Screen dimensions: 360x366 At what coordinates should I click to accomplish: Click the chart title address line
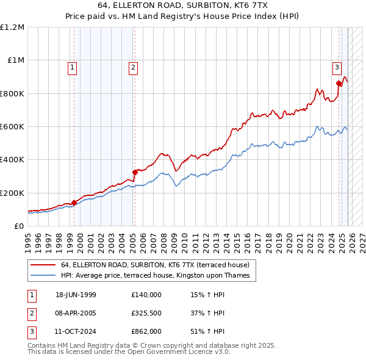tap(182, 5)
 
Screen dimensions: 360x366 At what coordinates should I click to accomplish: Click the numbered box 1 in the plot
tap(73, 68)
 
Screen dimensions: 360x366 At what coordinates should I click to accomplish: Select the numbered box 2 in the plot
tap(133, 68)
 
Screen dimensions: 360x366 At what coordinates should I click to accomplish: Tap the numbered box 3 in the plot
tap(337, 68)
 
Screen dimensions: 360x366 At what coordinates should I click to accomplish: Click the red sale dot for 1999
tap(74, 203)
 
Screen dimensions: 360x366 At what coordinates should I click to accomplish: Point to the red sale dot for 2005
tap(135, 172)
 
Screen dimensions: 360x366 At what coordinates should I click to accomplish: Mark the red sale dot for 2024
tap(339, 84)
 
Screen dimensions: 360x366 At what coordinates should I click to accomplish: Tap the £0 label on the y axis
tap(18, 226)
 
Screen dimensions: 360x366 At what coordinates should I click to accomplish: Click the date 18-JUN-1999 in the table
tap(76, 295)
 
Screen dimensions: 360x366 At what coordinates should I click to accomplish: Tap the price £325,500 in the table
tap(146, 314)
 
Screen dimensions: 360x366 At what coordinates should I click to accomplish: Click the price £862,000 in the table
tap(146, 333)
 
